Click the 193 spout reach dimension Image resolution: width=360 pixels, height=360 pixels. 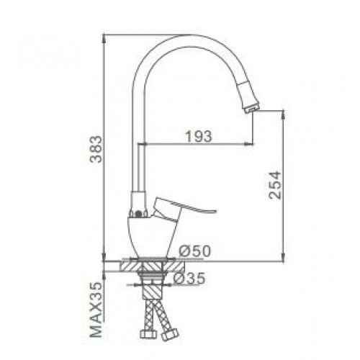pos(199,136)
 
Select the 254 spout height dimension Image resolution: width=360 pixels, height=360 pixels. pos(274,184)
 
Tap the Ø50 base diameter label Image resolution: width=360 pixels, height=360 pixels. pos(195,251)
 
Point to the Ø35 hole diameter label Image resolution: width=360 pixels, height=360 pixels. pos(189,278)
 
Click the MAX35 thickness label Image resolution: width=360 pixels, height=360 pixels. pos(96,310)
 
